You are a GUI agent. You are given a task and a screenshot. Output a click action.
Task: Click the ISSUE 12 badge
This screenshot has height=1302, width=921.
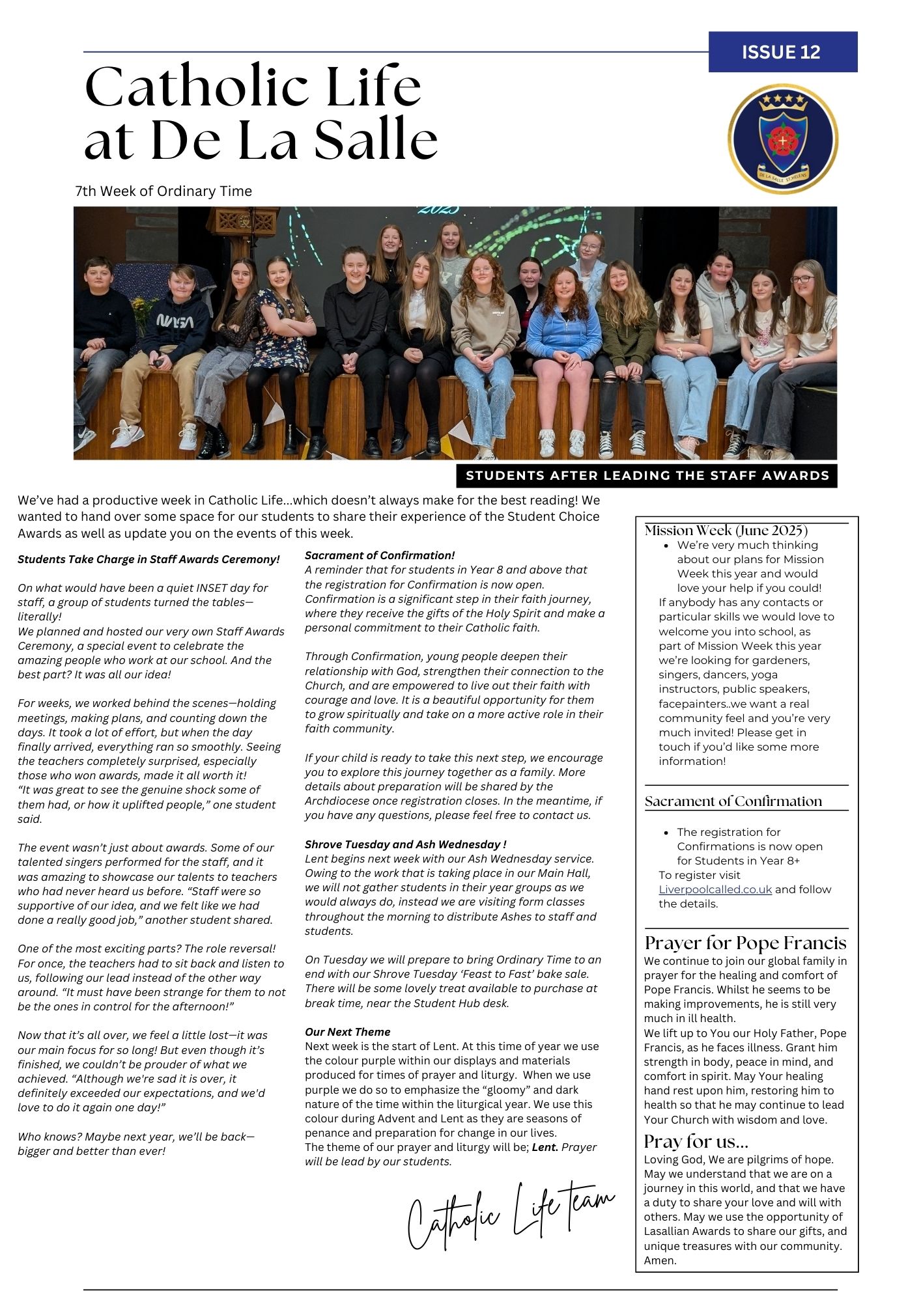[x=782, y=52]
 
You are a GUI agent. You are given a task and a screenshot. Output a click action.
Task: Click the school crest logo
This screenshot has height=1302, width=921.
[x=782, y=139]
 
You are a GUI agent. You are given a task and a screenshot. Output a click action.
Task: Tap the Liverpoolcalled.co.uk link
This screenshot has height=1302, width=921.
[x=715, y=889]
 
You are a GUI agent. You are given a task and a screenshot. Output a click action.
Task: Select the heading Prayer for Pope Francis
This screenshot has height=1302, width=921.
[x=745, y=943]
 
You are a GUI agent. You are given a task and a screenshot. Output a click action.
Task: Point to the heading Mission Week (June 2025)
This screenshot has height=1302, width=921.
[x=726, y=530]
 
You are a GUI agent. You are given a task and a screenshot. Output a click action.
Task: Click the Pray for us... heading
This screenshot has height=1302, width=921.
[x=696, y=1141]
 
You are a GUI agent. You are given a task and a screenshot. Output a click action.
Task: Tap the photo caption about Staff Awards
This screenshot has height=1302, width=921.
[x=647, y=475]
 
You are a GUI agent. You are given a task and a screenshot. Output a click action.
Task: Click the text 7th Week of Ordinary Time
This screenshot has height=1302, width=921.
[x=163, y=191]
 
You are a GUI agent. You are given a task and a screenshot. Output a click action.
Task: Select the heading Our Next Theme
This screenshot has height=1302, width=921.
[x=347, y=1032]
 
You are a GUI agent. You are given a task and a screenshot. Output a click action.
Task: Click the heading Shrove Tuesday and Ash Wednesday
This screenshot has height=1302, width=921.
[x=405, y=844]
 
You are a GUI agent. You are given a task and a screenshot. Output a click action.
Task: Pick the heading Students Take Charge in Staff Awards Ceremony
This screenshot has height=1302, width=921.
[x=149, y=559]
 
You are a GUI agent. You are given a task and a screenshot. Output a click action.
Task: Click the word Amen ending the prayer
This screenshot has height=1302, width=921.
[x=660, y=1260]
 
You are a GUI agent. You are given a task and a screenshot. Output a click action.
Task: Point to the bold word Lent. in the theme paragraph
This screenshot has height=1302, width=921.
[x=545, y=1147]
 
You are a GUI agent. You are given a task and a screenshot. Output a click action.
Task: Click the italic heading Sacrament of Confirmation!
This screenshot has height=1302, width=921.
[x=380, y=555]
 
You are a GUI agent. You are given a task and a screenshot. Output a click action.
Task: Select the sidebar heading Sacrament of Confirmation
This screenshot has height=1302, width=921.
[x=733, y=801]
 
